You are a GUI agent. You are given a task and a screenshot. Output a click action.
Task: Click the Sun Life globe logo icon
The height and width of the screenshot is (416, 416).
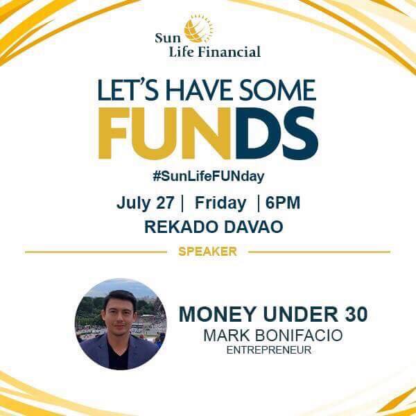tap(199, 28)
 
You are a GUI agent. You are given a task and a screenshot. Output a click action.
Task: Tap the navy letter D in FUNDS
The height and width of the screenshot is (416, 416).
tap(257, 133)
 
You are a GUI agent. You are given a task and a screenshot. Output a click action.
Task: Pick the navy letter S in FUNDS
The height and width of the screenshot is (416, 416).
tap(300, 133)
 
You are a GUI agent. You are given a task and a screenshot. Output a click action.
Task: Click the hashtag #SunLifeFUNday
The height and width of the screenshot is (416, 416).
tap(209, 176)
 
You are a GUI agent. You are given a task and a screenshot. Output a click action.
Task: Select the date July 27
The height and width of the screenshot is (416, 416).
tap(145, 203)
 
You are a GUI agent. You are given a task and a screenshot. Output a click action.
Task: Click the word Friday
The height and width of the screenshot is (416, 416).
tap(220, 203)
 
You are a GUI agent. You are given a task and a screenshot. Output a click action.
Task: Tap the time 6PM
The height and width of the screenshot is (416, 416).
tap(283, 202)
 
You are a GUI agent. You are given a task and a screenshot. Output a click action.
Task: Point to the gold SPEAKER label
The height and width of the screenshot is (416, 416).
tap(208, 252)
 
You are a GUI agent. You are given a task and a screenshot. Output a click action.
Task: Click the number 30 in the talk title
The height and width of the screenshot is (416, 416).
tap(356, 314)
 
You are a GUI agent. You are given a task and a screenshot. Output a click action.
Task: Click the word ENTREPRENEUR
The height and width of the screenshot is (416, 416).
tap(269, 350)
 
